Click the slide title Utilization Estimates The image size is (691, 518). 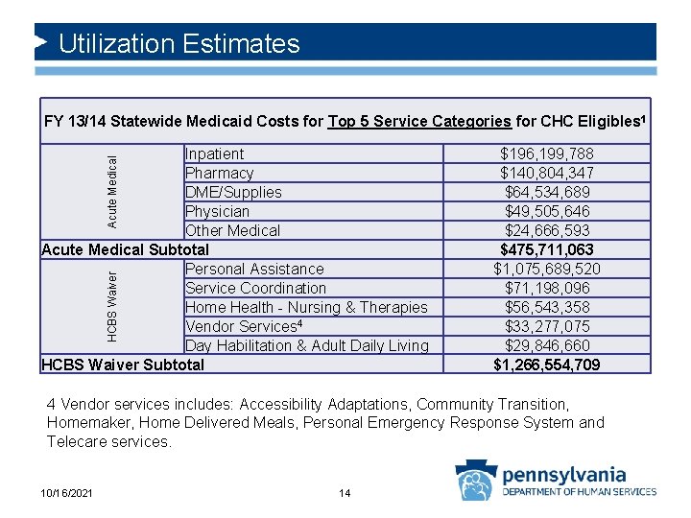[179, 44]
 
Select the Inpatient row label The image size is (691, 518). [214, 154]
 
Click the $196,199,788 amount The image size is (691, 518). [546, 154]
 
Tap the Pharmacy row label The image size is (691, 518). [219, 174]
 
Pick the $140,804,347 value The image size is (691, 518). [546, 174]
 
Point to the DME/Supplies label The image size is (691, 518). [233, 193]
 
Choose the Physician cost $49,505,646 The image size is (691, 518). [546, 211]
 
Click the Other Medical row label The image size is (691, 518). [232, 231]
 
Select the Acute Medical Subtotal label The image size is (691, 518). [125, 250]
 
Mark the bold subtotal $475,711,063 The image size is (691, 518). [546, 250]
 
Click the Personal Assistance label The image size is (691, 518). [254, 270]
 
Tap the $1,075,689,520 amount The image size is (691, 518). [546, 270]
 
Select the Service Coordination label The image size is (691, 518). [255, 289]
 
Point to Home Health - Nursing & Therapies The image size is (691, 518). [306, 308]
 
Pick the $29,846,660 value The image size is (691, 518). [546, 345]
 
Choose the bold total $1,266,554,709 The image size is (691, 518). [546, 365]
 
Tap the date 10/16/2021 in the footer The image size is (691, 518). [68, 493]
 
